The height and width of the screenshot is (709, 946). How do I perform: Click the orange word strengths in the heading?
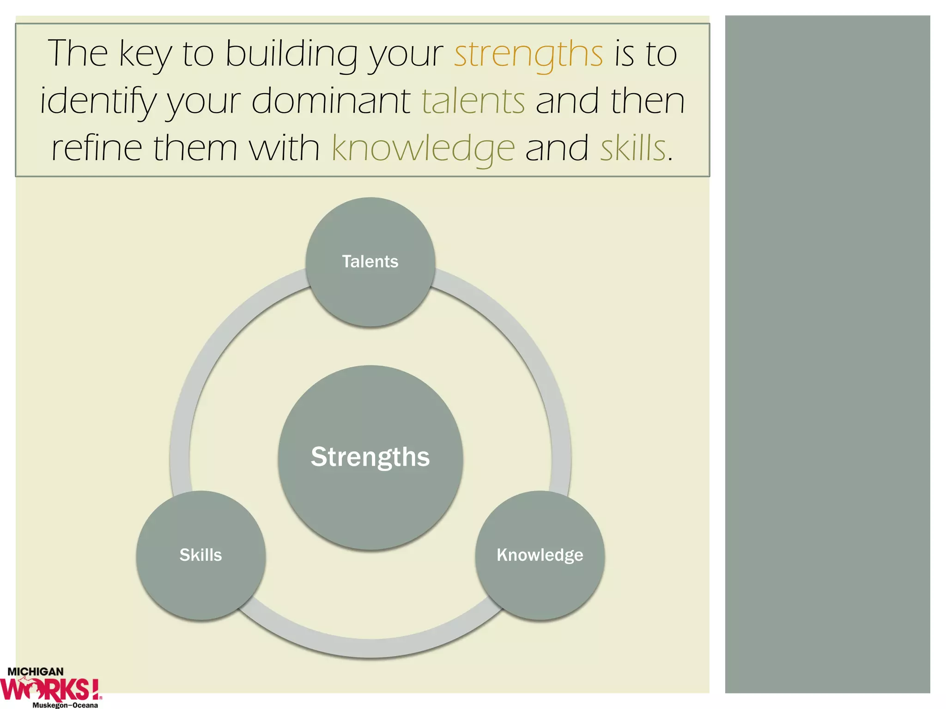click(x=528, y=54)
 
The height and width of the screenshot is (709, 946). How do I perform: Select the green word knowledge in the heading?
click(x=423, y=149)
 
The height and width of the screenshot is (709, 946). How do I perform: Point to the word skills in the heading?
click(x=633, y=149)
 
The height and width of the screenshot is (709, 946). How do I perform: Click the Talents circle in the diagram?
click(x=370, y=262)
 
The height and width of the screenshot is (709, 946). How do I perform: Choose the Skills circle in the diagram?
click(x=200, y=555)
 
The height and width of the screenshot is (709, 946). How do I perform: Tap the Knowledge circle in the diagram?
click(x=540, y=555)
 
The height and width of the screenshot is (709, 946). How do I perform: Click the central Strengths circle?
click(x=370, y=457)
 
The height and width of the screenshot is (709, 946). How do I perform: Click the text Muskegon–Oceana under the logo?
click(x=65, y=705)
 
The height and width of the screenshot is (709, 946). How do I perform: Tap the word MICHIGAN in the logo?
click(x=36, y=672)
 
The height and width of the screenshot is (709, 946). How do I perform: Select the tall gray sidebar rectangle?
click(x=827, y=354)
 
